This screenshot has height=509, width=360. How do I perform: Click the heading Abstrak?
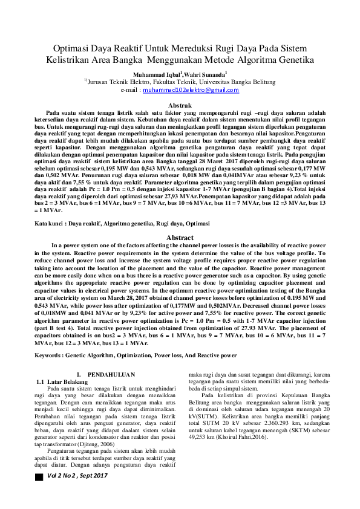(x=179, y=106)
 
